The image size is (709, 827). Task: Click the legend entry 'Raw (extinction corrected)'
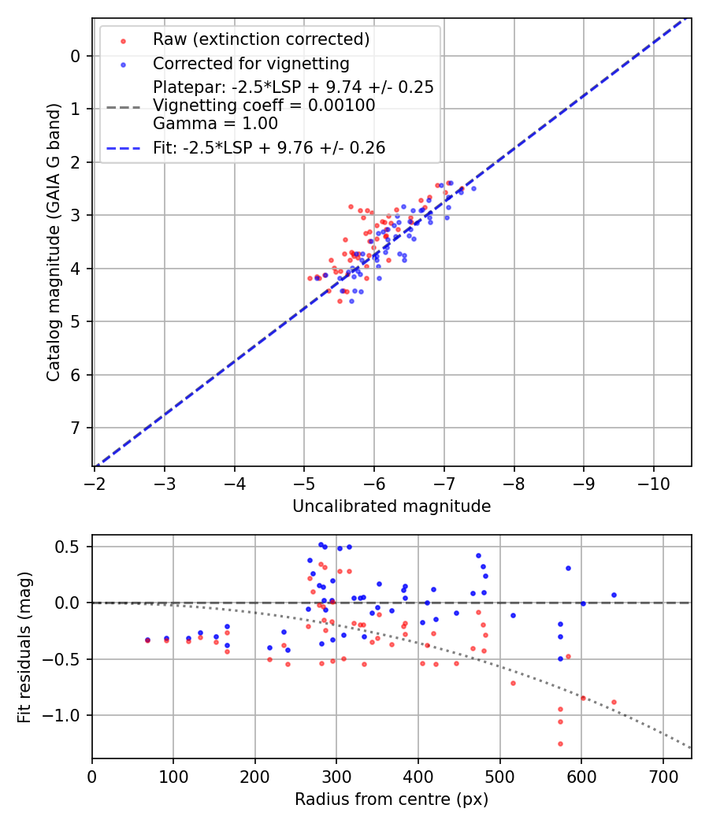point(261,39)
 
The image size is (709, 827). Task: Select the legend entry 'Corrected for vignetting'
point(251,63)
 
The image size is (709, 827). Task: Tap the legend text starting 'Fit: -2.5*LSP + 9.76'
point(269,148)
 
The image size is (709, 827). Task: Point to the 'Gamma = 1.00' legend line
point(215,124)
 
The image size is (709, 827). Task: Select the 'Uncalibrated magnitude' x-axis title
point(392,506)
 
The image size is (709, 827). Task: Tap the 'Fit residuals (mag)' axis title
point(24,647)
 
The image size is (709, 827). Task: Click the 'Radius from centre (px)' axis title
point(392,799)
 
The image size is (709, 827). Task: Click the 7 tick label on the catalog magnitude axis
point(76,428)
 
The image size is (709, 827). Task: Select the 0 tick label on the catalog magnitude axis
point(76,56)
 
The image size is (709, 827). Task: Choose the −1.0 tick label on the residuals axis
point(68,715)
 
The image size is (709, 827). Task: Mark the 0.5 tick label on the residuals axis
point(72,547)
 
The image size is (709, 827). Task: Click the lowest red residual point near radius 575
point(560,744)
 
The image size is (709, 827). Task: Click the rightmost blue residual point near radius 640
point(614,595)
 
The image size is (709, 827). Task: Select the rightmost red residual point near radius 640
point(614,702)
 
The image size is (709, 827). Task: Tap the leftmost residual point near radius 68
point(147,640)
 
